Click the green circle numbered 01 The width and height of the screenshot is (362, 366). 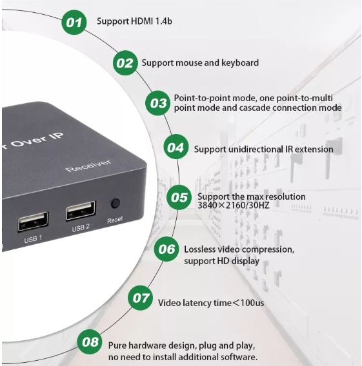point(75,23)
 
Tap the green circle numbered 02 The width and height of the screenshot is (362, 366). point(125,63)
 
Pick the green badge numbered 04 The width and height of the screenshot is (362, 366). point(176,148)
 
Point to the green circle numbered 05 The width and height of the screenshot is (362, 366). point(179,197)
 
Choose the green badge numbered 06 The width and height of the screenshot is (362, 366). point(167,249)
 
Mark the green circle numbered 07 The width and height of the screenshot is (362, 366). point(140,298)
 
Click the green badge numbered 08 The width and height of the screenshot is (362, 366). point(91,342)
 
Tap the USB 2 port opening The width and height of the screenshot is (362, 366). point(81,211)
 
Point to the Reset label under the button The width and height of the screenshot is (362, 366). point(115,219)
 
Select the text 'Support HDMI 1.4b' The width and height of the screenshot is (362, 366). point(134,21)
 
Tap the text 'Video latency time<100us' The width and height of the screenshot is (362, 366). point(211,302)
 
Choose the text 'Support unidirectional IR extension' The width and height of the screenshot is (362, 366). point(263,149)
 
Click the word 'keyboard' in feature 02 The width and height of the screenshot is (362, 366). point(240,63)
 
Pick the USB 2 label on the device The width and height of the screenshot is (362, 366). point(81,227)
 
